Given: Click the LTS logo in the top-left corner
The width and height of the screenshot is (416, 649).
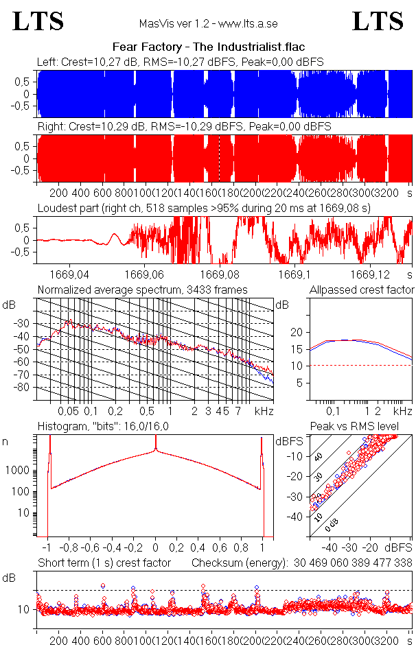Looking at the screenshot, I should point(38,21).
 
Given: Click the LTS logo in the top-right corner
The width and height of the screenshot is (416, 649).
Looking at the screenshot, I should point(378,21).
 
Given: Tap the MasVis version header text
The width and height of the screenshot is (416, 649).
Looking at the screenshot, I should point(208,23).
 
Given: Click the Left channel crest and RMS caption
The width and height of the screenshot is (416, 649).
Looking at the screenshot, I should point(181,62).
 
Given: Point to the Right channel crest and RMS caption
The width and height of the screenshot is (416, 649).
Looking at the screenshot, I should point(184,127).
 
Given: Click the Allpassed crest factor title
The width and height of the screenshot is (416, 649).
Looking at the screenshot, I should point(362,290).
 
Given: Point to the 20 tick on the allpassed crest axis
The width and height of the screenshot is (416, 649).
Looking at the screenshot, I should point(297,332).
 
